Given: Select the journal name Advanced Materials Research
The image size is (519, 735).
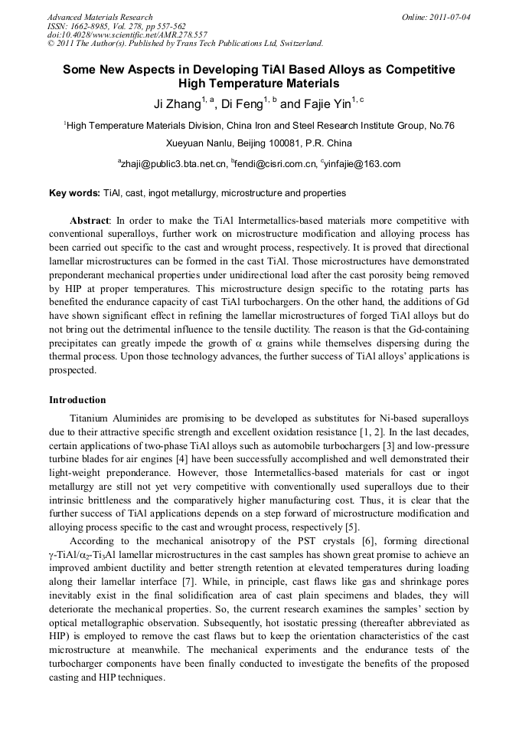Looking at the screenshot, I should click(x=100, y=17).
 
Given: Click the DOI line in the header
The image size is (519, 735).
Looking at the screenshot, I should click(x=127, y=34).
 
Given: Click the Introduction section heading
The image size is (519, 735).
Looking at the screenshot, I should click(x=77, y=400).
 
